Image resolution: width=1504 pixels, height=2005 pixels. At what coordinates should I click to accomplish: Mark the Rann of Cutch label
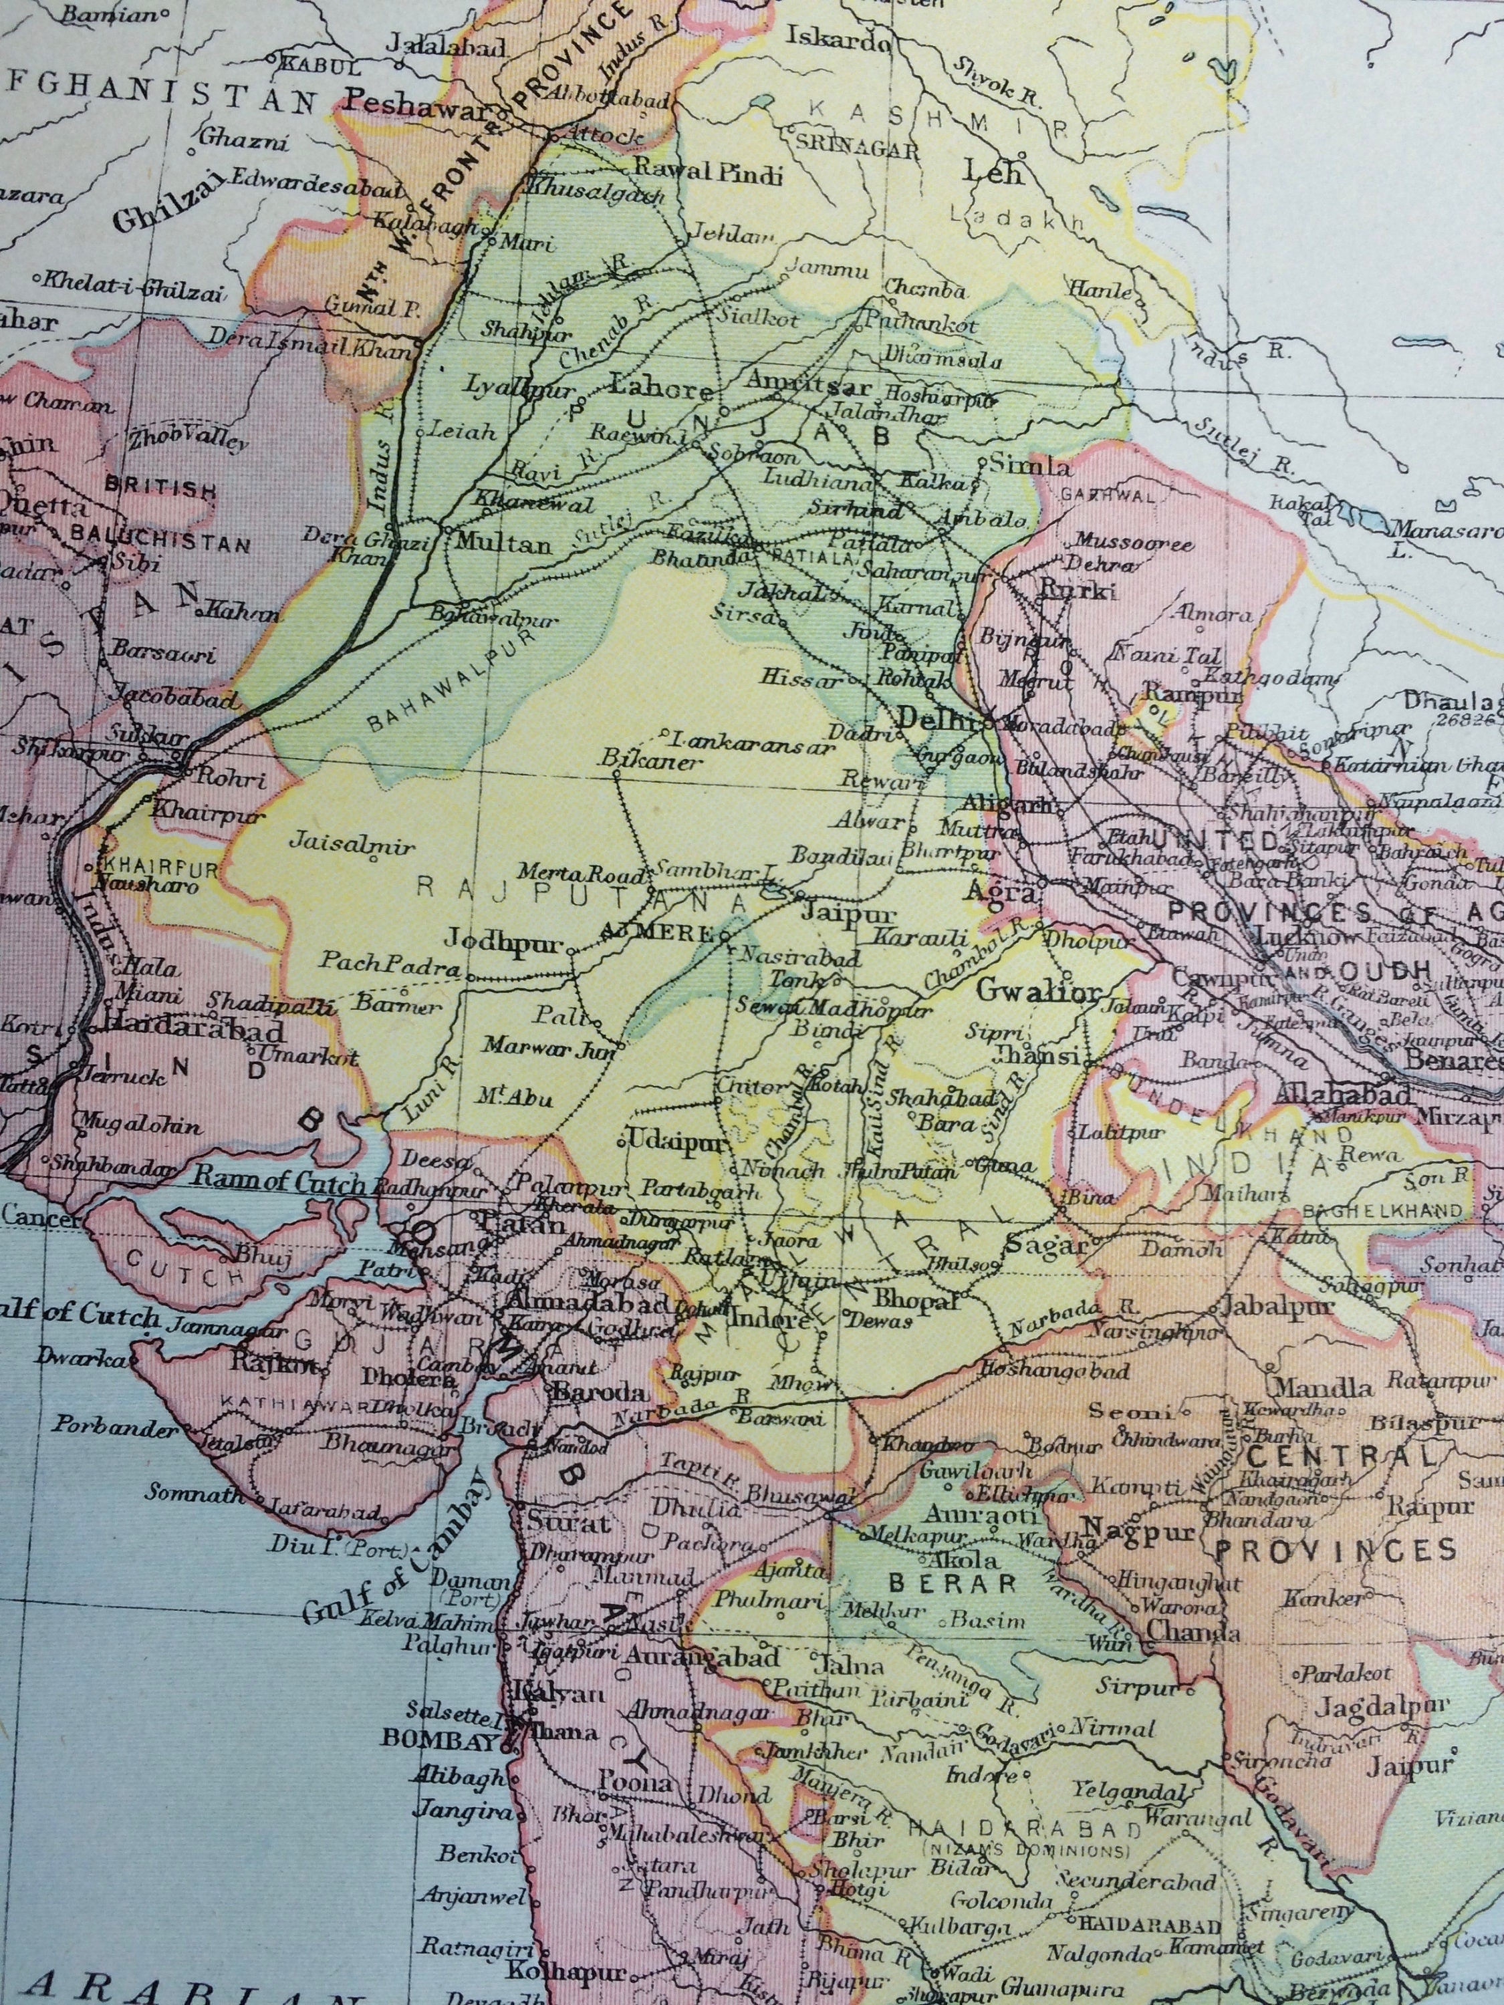tap(281, 1184)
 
